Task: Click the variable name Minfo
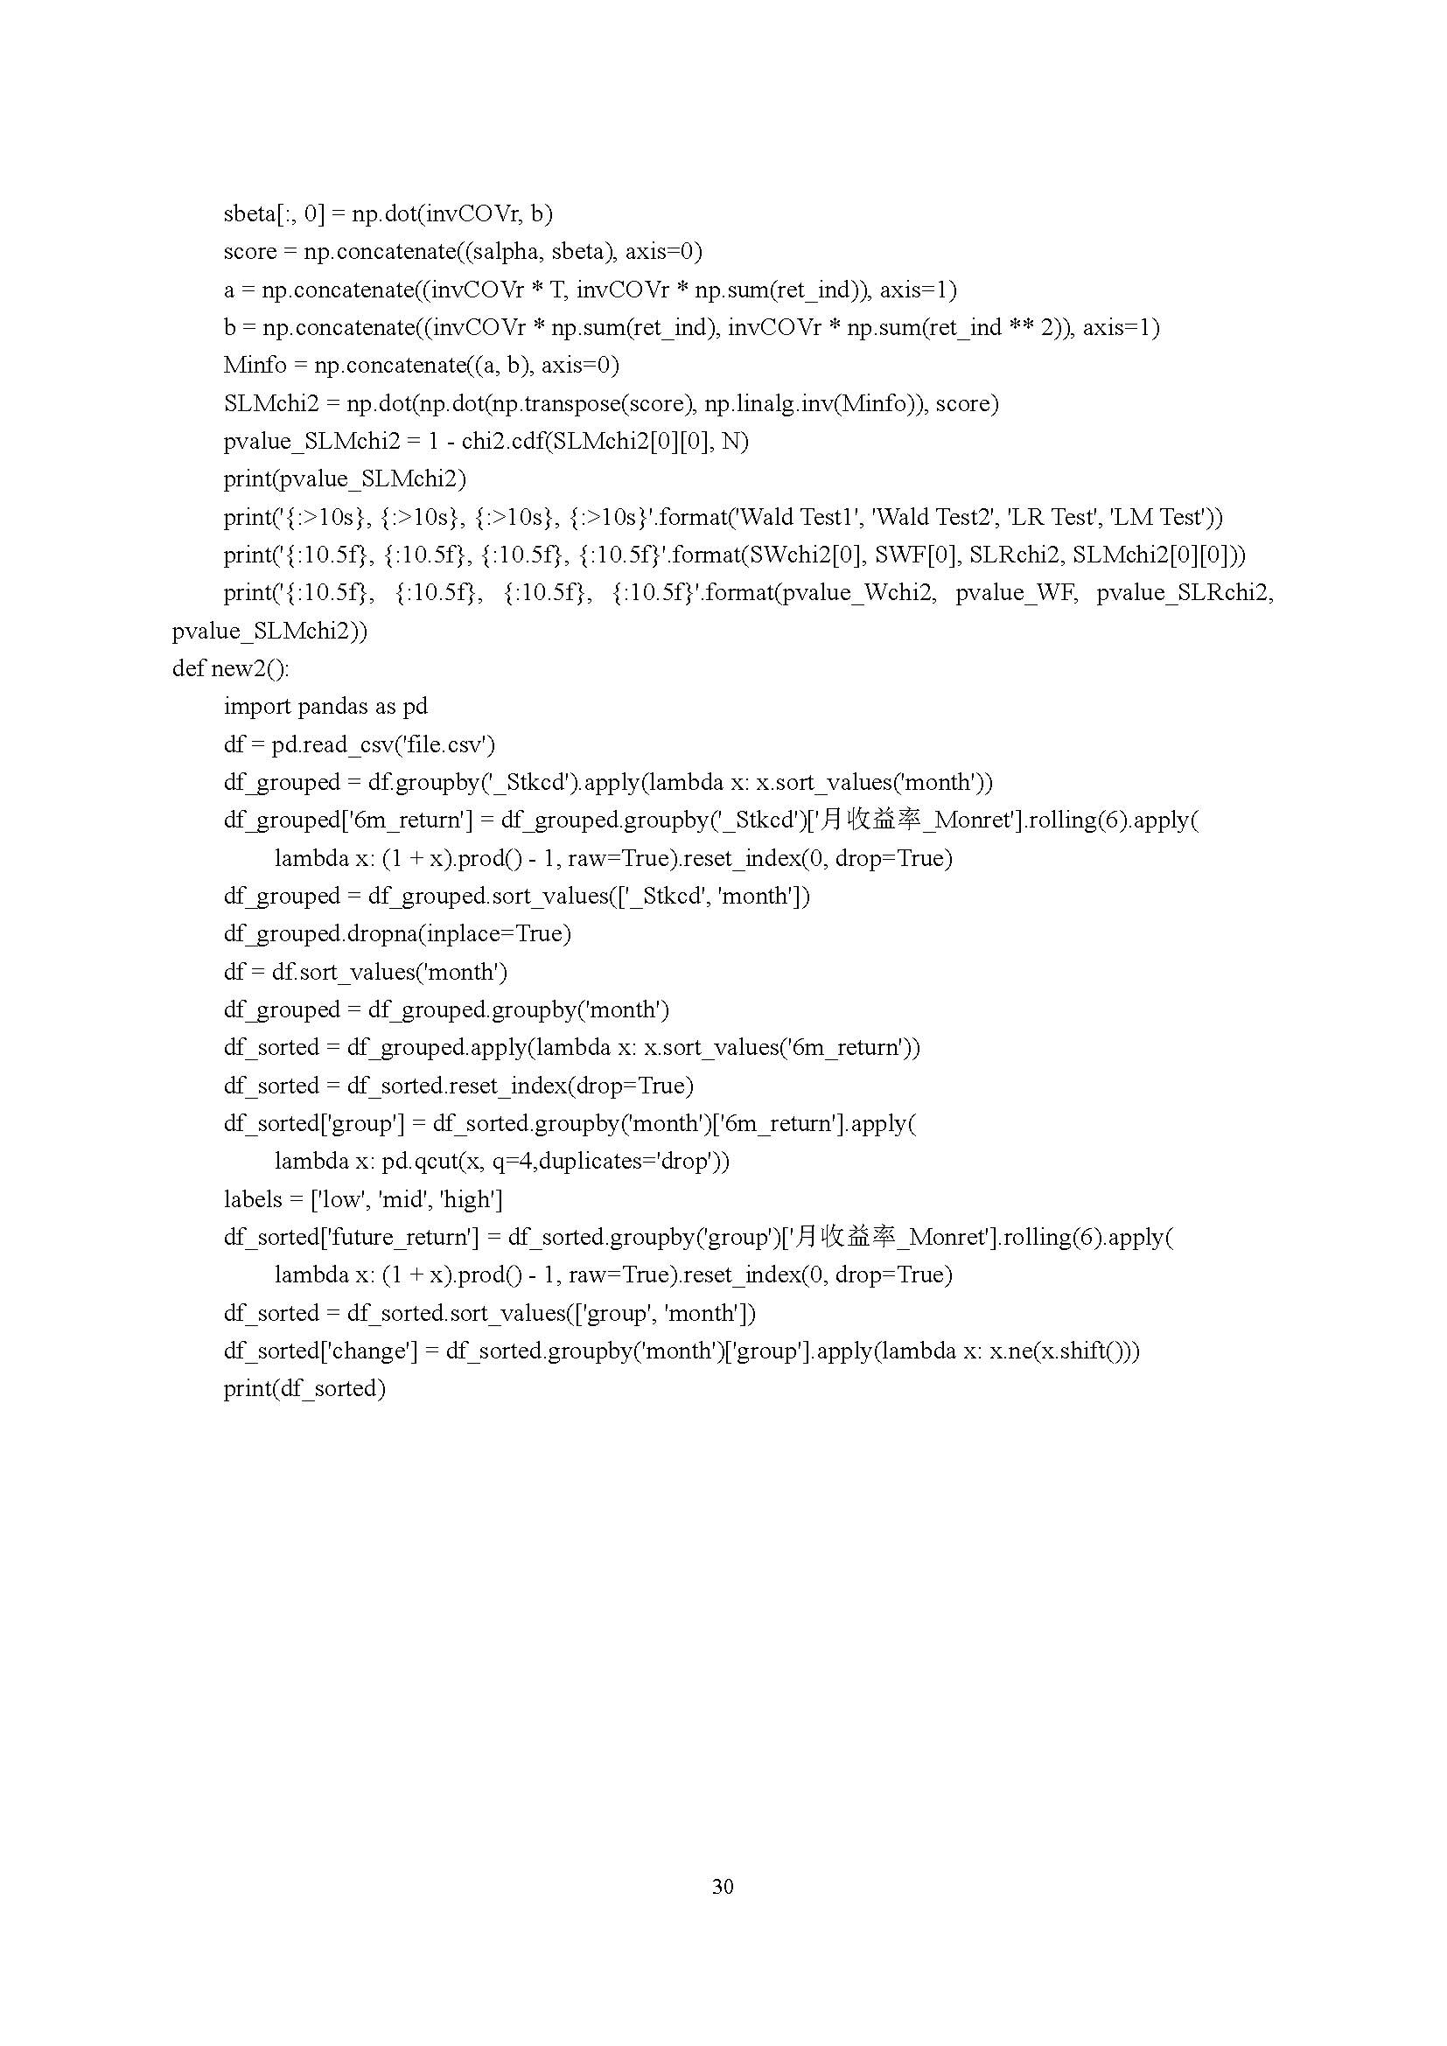click(255, 366)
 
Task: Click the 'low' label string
click(339, 1199)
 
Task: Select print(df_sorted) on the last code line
click(304, 1388)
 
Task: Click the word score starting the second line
click(249, 252)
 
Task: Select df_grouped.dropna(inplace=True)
click(397, 934)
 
